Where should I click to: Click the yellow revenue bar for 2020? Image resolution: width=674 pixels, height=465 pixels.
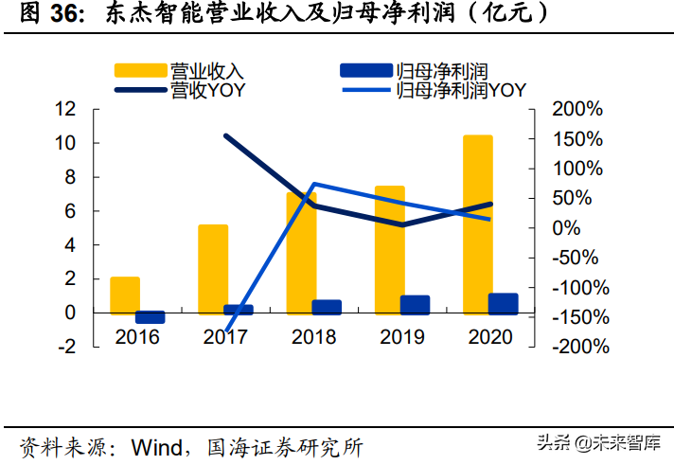pyautogui.click(x=477, y=223)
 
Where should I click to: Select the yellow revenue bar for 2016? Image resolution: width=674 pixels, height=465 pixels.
pyautogui.click(x=125, y=295)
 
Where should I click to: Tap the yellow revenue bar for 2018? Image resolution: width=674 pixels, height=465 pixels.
pyautogui.click(x=301, y=252)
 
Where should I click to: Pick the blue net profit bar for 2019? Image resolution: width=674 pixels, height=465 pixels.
pyautogui.click(x=415, y=304)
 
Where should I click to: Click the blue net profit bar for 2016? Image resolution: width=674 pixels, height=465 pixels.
pyautogui.click(x=151, y=317)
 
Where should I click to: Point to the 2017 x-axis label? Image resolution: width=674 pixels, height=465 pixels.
pyautogui.click(x=225, y=336)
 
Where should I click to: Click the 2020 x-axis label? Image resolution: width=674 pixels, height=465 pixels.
pyautogui.click(x=489, y=336)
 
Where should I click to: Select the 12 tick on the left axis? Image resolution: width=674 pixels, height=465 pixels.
pyautogui.click(x=65, y=109)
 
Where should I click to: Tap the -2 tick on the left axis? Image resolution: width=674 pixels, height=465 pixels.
pyautogui.click(x=66, y=347)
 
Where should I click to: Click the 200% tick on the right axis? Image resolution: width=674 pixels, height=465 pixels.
pyautogui.click(x=576, y=110)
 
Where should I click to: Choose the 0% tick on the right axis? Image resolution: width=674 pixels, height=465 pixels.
pyautogui.click(x=565, y=228)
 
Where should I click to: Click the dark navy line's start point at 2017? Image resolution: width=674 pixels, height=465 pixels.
pyautogui.click(x=225, y=136)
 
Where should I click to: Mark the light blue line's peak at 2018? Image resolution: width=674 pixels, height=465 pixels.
pyautogui.click(x=313, y=184)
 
